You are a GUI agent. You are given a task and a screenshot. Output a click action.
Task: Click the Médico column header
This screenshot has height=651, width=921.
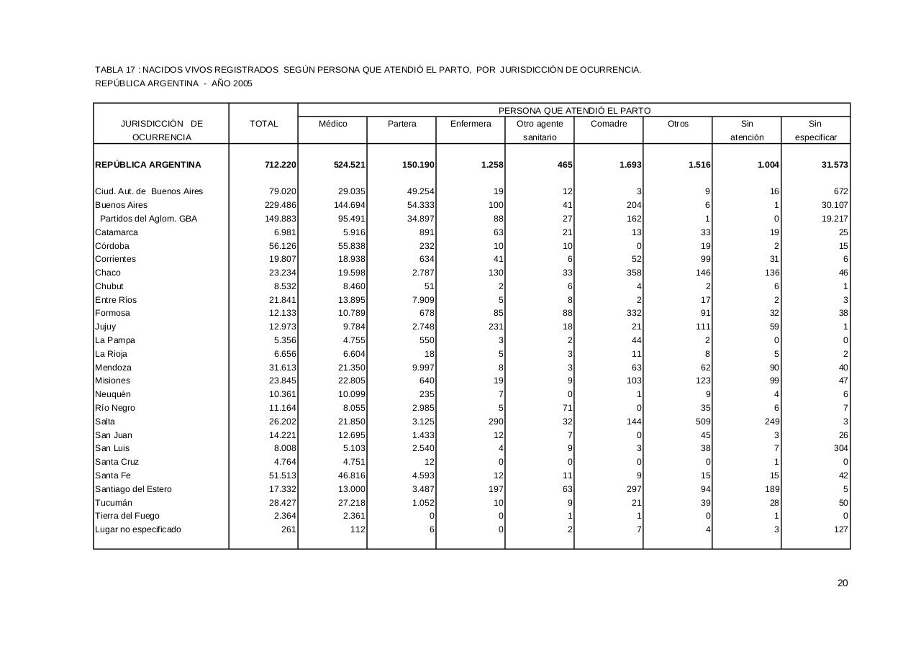pyautogui.click(x=332, y=124)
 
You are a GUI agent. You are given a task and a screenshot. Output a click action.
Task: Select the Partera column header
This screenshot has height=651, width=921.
pyautogui.click(x=401, y=124)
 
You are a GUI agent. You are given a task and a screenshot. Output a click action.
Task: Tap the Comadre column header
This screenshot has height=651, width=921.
pyautogui.click(x=609, y=124)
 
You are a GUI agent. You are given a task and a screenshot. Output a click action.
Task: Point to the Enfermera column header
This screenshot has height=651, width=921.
pyautogui.click(x=471, y=124)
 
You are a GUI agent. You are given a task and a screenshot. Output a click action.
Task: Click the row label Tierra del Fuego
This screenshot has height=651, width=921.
pyautogui.click(x=127, y=516)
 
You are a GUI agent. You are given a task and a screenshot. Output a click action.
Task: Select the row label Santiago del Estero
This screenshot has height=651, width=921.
pyautogui.click(x=133, y=489)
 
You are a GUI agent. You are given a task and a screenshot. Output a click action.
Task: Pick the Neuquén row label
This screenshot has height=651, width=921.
pyautogui.click(x=115, y=394)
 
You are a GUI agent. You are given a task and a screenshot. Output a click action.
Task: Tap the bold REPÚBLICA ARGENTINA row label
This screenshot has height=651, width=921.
pyautogui.click(x=148, y=165)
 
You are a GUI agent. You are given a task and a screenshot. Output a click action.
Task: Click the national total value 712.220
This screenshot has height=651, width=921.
pyautogui.click(x=280, y=165)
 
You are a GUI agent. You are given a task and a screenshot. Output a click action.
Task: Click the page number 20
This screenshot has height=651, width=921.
pyautogui.click(x=843, y=583)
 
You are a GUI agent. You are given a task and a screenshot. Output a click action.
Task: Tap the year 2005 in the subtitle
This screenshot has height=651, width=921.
pyautogui.click(x=242, y=83)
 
